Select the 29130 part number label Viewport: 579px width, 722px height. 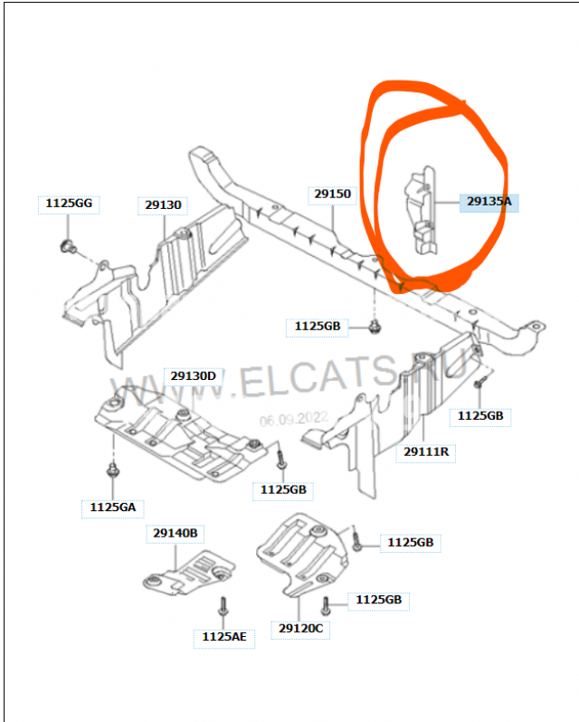164,205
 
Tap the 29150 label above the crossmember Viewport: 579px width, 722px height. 333,194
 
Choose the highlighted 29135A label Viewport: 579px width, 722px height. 489,202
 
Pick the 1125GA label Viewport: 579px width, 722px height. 113,508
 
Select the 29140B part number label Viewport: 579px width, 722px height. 174,533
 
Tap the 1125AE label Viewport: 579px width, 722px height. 223,637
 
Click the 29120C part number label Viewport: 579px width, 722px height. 301,628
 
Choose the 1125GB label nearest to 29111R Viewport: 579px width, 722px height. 480,415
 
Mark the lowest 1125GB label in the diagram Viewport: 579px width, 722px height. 378,600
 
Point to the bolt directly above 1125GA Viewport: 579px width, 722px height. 112,471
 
